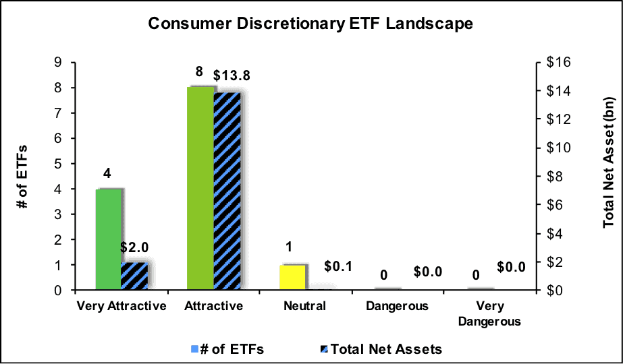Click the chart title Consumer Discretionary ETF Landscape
(x=310, y=24)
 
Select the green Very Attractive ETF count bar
(x=109, y=239)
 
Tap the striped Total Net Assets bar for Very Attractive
(x=134, y=276)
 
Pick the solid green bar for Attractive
(x=200, y=188)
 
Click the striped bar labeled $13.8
(x=227, y=191)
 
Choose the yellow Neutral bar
(x=292, y=278)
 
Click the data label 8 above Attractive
(x=199, y=72)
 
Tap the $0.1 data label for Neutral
(x=339, y=266)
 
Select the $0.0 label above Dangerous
(x=427, y=272)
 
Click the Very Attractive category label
(x=121, y=307)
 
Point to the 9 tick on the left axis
(x=63, y=63)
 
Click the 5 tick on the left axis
(x=63, y=164)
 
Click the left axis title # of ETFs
(x=23, y=176)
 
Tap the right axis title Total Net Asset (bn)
(x=609, y=162)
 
